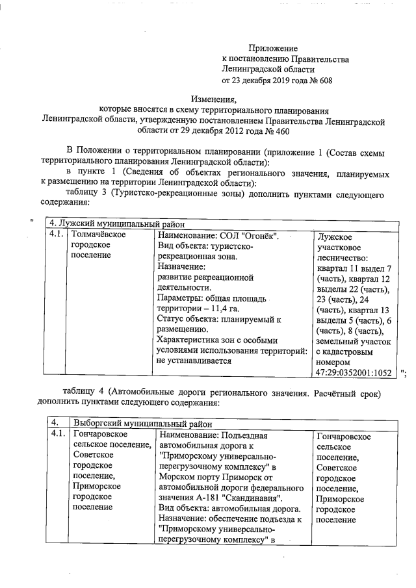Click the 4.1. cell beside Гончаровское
pyautogui.click(x=58, y=434)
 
